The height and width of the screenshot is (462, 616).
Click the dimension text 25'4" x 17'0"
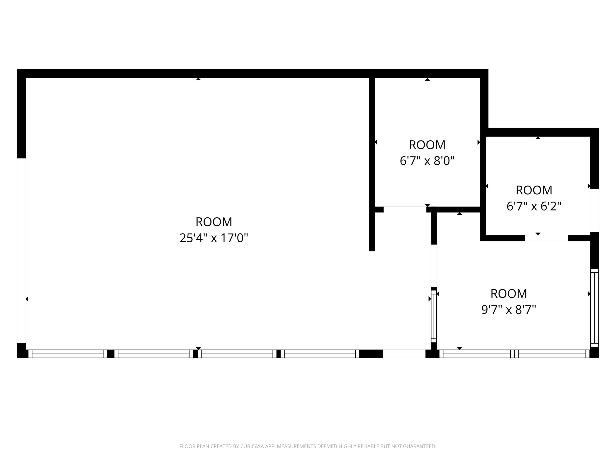coord(213,238)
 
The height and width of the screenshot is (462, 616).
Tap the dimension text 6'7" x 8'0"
coord(427,161)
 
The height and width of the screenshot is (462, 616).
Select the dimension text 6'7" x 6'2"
coord(534,206)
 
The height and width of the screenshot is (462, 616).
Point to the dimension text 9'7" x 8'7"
coord(508,310)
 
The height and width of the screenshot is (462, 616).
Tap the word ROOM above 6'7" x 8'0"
coord(427,145)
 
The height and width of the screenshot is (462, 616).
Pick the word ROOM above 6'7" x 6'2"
coord(534,190)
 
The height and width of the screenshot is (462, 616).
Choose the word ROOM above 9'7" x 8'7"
coord(508,293)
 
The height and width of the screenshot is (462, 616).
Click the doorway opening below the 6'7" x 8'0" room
coord(405,210)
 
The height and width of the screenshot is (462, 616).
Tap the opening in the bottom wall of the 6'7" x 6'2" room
coord(546,238)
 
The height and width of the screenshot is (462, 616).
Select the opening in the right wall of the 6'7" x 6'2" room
coord(594,210)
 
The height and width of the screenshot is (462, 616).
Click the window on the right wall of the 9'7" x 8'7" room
coord(595,308)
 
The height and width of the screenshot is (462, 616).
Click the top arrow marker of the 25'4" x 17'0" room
coord(198,79)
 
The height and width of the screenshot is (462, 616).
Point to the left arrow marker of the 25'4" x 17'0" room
coord(27,299)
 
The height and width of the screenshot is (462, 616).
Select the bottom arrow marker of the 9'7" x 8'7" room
coord(460,348)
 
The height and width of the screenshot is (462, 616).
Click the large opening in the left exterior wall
coord(21,251)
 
